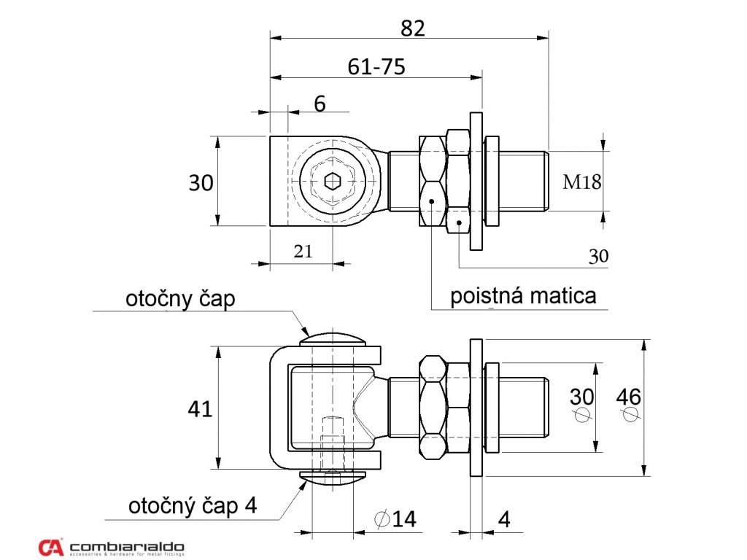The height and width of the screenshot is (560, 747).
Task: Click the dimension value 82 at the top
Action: [412, 28]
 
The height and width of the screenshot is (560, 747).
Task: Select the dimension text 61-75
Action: [376, 66]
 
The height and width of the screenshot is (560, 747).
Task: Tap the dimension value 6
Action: [320, 104]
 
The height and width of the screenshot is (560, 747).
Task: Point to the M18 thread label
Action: [582, 182]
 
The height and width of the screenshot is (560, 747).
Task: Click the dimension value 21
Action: [303, 252]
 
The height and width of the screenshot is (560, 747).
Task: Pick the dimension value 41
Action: [200, 408]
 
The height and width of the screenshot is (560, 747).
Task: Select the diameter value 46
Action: [628, 397]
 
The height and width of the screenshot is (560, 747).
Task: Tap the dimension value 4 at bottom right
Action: [504, 519]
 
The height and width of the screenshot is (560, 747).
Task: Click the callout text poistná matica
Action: [523, 295]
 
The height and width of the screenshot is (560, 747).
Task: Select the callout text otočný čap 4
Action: [193, 505]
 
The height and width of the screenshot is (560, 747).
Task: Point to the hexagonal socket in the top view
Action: [333, 182]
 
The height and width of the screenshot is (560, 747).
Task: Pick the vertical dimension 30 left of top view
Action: [201, 182]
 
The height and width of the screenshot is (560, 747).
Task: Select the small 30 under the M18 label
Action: [598, 256]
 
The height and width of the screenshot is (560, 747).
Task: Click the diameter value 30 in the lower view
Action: [581, 397]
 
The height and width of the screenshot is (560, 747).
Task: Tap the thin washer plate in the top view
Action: [476, 182]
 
